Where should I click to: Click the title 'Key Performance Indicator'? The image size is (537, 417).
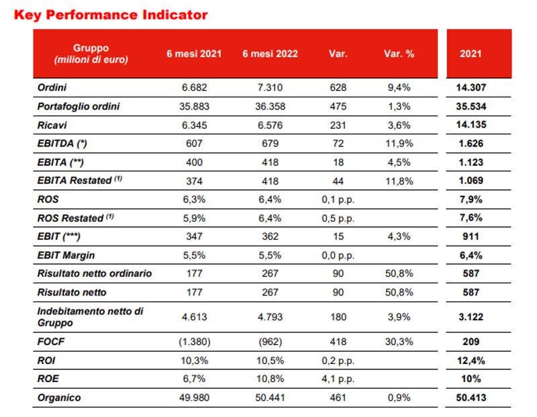pos(111,15)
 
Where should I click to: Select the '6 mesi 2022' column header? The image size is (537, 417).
pos(271,54)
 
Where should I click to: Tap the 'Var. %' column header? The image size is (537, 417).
pos(399,54)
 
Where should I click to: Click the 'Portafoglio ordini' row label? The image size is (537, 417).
pos(79,106)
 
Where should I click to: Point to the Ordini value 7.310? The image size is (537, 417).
pos(271,87)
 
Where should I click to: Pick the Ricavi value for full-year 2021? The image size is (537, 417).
pos(471,125)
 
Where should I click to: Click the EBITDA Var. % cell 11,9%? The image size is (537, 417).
pos(399,143)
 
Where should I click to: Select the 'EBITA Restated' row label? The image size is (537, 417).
pos(79,180)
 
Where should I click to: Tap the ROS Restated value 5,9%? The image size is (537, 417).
pos(194,218)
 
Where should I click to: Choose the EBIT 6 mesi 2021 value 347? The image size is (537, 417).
pos(194,236)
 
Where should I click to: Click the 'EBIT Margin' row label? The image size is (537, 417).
pos(66,255)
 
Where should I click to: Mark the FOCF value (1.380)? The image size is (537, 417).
pos(195,342)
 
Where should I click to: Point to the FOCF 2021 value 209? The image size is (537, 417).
pos(471,342)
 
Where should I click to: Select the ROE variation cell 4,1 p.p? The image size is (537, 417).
pos(338,379)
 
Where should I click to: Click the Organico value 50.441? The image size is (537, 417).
pos(271,398)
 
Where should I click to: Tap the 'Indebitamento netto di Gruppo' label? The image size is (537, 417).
pos(90,317)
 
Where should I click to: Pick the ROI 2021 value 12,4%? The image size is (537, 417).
pos(471,361)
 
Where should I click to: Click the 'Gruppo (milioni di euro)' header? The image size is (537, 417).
pos(91,54)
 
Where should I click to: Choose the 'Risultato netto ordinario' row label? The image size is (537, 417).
pos(95,273)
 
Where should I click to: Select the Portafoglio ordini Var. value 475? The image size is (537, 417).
pos(338,106)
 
